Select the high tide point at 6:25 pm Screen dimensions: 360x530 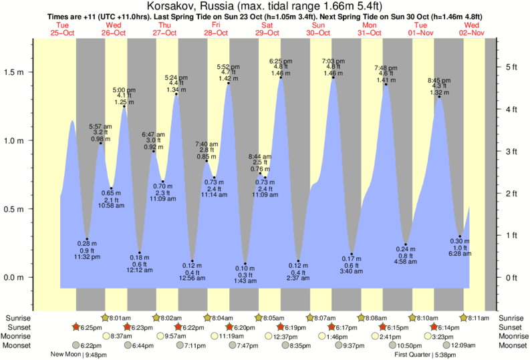pos(281,77)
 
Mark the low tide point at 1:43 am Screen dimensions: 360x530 pos(245,264)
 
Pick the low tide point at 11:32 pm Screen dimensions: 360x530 pos(87,239)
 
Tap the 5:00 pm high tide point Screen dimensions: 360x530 pos(124,106)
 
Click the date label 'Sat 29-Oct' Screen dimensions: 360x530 pos(267,29)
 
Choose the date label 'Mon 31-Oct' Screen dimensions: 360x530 pos(369,29)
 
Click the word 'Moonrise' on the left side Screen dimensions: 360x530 pos(19,337)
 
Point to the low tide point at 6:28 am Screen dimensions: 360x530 pos(460,236)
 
